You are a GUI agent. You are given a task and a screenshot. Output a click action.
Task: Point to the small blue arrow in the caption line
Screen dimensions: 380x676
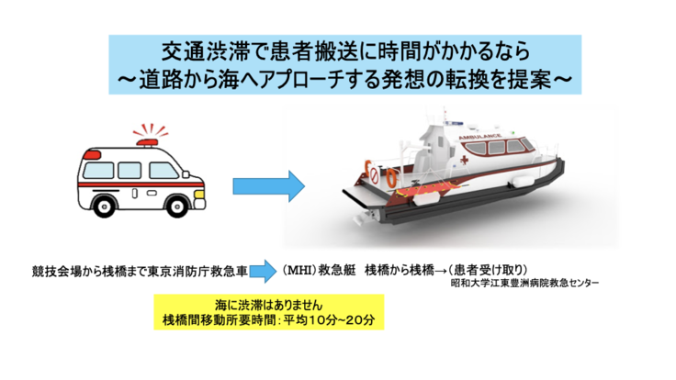pos(262,273)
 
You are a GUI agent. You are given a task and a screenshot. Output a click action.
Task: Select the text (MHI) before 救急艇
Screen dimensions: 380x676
pos(299,270)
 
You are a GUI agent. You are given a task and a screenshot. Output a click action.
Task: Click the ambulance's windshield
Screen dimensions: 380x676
pos(163,165)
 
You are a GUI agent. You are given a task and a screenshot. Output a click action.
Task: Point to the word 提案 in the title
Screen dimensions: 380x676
pos(536,79)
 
